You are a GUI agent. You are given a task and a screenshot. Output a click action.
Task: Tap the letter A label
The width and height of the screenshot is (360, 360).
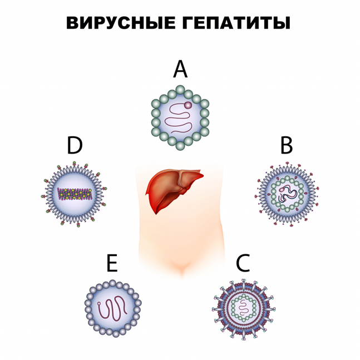180,69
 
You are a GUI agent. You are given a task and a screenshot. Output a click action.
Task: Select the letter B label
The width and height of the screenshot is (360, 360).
287,145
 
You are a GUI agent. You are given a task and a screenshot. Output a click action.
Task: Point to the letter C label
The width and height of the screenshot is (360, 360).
243,263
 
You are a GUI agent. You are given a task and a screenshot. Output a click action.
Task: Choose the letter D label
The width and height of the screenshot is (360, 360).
75,145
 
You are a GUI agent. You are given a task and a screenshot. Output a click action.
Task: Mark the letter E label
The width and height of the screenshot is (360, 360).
112,263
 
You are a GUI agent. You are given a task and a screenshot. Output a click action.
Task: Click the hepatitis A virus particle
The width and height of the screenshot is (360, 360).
180,117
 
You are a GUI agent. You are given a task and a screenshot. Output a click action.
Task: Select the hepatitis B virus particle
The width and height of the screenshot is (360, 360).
287,194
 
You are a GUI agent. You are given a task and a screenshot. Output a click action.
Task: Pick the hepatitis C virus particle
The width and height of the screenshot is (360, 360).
244,309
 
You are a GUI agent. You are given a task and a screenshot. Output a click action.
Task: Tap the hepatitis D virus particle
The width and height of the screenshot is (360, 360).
74,194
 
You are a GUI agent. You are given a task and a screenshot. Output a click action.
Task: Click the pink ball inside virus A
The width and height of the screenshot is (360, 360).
188,105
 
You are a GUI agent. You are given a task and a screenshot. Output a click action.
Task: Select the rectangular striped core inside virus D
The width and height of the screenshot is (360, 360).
75,194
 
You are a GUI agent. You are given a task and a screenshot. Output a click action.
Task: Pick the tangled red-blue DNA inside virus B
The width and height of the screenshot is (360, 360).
287,194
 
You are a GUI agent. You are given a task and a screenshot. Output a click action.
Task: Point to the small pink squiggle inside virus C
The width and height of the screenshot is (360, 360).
244,308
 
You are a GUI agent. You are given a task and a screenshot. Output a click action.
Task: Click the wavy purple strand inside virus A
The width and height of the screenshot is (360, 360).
179,118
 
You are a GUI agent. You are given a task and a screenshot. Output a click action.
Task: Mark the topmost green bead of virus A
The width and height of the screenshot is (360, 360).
180,90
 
